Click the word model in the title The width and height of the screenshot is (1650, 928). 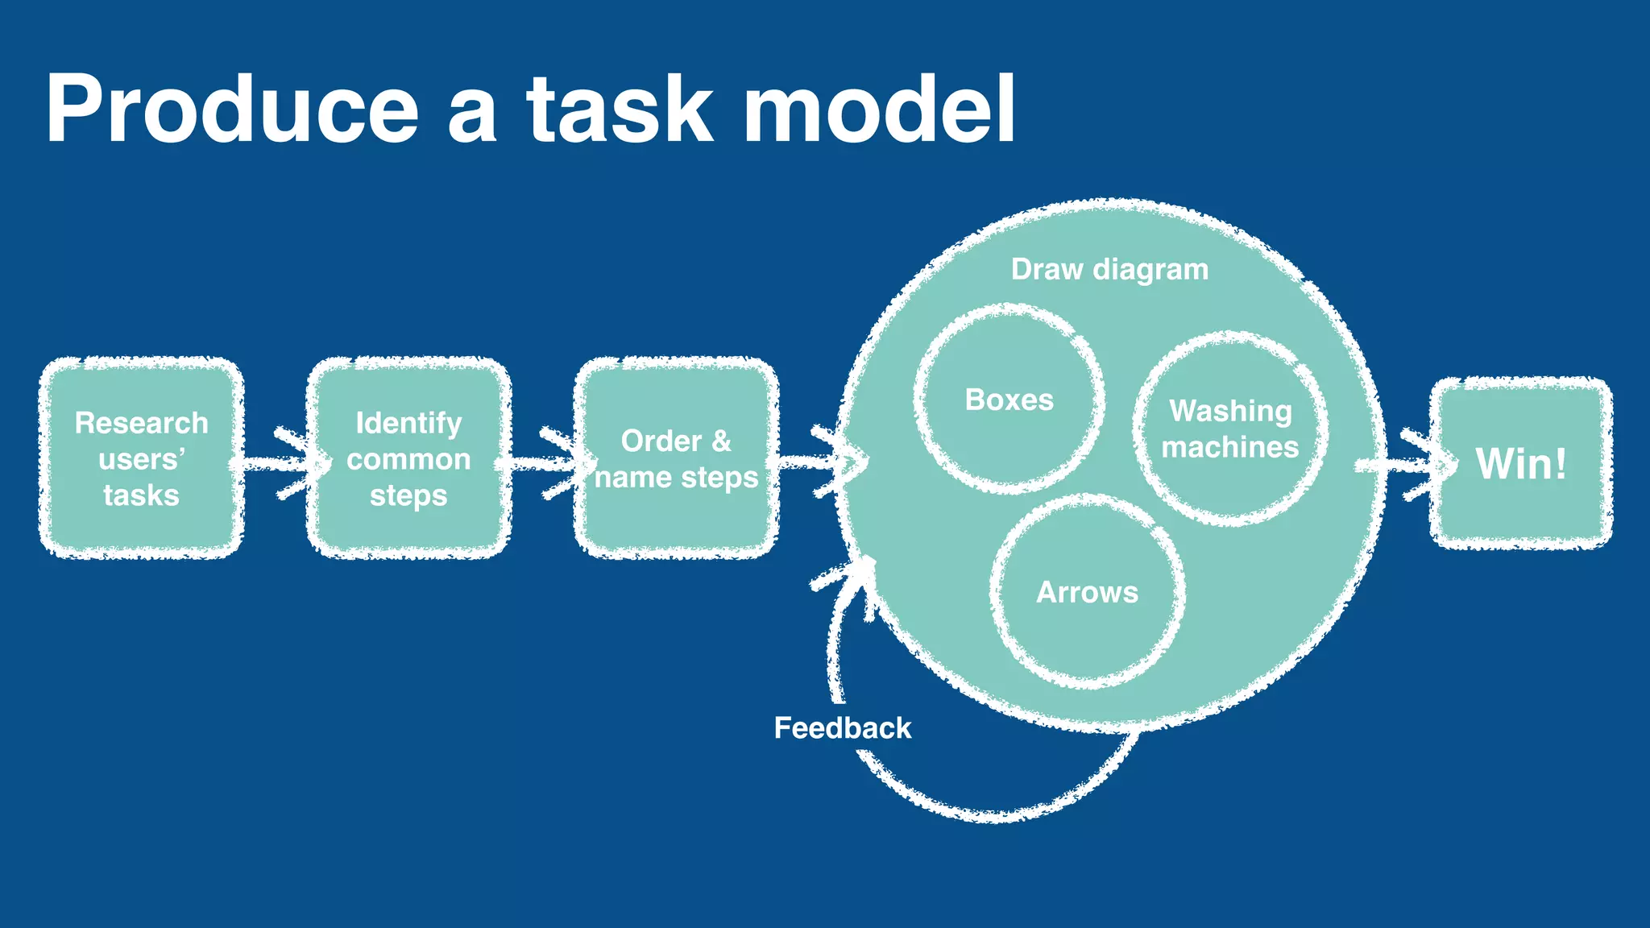click(878, 109)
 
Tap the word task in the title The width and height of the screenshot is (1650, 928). click(620, 109)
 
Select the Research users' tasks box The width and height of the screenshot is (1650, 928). click(141, 458)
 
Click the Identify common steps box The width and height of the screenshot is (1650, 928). click(408, 458)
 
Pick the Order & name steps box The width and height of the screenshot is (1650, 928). click(676, 458)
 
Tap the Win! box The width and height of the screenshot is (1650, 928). click(1521, 464)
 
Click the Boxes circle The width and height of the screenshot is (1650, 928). click(1009, 400)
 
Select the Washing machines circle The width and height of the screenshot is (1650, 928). click(1230, 429)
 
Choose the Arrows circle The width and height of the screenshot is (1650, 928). click(1087, 592)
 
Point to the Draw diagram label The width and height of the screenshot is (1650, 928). click(1109, 270)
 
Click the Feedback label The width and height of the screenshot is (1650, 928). click(842, 728)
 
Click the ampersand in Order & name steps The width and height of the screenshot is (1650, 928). click(721, 441)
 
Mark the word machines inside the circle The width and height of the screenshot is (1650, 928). click(1230, 447)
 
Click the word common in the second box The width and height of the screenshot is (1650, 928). click(408, 459)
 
